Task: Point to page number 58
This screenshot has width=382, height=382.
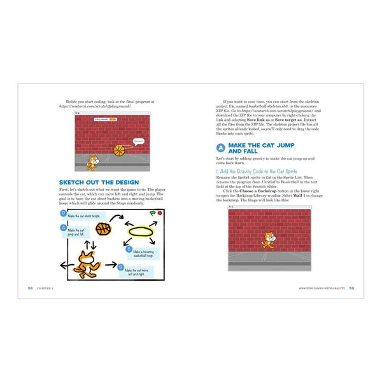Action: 30,288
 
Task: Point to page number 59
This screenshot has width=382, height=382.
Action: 351,288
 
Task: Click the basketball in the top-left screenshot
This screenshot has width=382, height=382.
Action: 119,150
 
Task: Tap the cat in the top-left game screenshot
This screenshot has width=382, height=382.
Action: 92,162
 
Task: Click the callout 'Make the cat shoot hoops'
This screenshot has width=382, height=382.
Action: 83,216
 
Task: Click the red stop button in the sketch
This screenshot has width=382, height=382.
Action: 159,213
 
